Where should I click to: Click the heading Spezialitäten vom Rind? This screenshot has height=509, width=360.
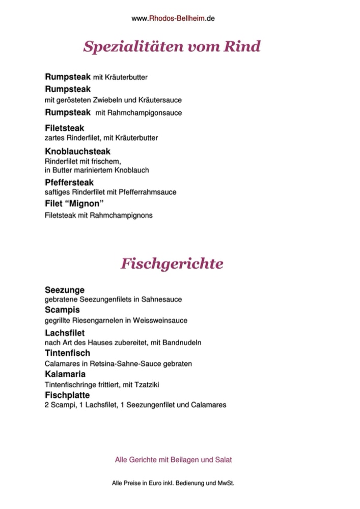point(172,47)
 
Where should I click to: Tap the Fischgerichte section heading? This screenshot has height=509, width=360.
point(172,264)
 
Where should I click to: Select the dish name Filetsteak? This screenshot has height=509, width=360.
point(65,128)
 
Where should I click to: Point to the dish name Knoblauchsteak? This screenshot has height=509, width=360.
point(77,152)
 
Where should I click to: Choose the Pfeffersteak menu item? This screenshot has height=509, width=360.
point(69,182)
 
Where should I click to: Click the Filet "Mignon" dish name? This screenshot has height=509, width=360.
point(71,205)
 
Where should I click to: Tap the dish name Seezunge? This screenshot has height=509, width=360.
point(65,290)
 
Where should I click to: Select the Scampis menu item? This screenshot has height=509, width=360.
point(62,309)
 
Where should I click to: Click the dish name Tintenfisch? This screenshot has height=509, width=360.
point(67,353)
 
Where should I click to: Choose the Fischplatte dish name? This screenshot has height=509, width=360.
point(67,395)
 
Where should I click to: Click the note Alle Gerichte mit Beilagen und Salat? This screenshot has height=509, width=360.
point(174,460)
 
